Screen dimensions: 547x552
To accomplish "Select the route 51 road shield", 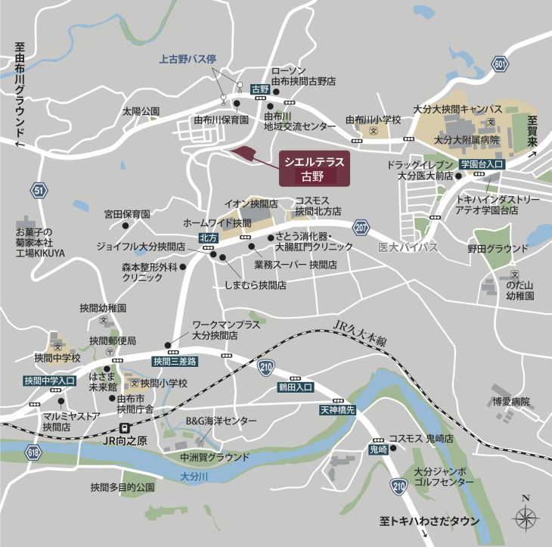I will (39, 190).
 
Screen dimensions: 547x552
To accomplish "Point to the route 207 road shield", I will (361, 226).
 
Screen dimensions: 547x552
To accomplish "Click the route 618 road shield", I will (33, 452).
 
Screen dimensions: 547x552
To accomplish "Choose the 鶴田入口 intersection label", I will (295, 387).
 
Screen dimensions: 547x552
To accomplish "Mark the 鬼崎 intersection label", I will (377, 449).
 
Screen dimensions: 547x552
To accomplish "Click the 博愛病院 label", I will (511, 401).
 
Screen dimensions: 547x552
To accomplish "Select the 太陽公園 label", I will (141, 111).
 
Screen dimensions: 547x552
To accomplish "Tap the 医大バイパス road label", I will (408, 247).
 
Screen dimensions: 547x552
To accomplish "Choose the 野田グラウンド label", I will (498, 248).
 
